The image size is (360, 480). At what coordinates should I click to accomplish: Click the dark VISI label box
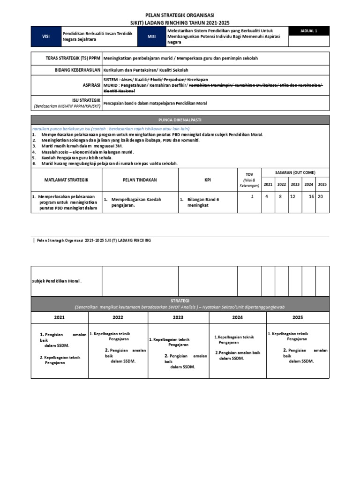pyautogui.click(x=46, y=37)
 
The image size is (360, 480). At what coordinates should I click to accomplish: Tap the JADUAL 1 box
pyautogui.click(x=309, y=31)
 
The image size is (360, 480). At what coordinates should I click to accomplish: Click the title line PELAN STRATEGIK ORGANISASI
pyautogui.click(x=180, y=15)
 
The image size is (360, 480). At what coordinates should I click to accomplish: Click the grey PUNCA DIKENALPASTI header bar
pyautogui.click(x=180, y=120)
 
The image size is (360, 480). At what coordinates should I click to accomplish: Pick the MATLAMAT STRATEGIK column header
pyautogui.click(x=66, y=180)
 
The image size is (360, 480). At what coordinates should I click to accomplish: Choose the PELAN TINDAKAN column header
pyautogui.click(x=140, y=180)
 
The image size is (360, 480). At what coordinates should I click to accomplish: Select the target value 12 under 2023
pyautogui.click(x=292, y=197)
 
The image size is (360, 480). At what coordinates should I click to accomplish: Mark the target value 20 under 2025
pyautogui.click(x=320, y=197)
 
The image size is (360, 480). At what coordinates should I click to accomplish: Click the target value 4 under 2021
pyautogui.click(x=267, y=197)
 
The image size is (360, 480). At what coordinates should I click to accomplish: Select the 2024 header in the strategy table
pyautogui.click(x=238, y=317)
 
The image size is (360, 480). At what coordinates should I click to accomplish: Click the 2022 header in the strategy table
pyautogui.click(x=118, y=317)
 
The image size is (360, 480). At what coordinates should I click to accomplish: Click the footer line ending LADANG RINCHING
pyautogui.click(x=94, y=240)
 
